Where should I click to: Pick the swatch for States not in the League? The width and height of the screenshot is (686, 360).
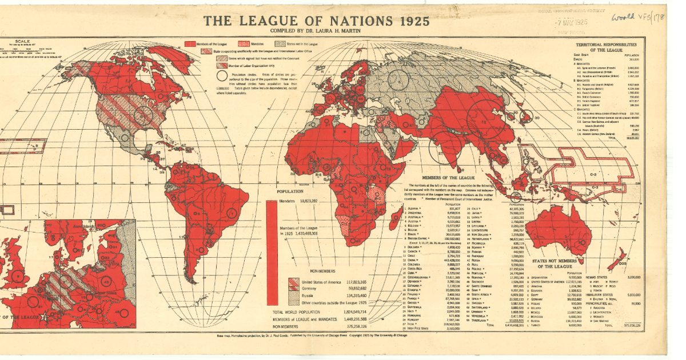[x=280, y=43]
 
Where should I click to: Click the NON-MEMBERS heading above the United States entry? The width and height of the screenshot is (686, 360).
[x=322, y=273]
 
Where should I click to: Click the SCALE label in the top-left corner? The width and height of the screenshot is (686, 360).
[x=23, y=41]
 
